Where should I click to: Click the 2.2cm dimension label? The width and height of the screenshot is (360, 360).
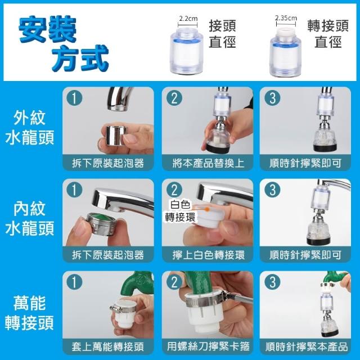pos(188,19)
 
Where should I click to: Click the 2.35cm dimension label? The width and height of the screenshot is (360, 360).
pos(286,18)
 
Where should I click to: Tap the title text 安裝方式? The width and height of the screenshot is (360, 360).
pos(64,43)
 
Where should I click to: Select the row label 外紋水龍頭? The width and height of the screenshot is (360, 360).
pos(29,128)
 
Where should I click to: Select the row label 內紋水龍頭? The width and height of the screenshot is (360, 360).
pos(29,219)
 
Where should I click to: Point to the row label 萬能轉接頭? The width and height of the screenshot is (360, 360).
pos(29,313)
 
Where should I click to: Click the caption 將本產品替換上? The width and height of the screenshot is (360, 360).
pos(208,163)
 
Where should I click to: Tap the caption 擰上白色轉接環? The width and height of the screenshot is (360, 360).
pos(208,255)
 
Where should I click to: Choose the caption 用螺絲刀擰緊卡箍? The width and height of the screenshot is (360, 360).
pos(208,346)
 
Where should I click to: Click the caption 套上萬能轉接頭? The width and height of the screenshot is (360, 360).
pos(107,346)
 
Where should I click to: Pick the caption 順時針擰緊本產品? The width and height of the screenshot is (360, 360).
pos(307,346)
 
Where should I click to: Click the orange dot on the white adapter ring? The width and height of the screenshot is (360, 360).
pos(208,209)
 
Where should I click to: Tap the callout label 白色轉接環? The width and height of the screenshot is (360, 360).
pos(180,211)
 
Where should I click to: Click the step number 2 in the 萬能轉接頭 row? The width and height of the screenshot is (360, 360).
pos(174,282)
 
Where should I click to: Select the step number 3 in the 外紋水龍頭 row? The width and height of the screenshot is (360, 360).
pos(272,98)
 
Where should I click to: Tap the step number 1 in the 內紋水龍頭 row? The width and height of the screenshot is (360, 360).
pos(74,190)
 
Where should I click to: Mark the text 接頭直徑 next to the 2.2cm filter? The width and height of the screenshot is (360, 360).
pos(222,34)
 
